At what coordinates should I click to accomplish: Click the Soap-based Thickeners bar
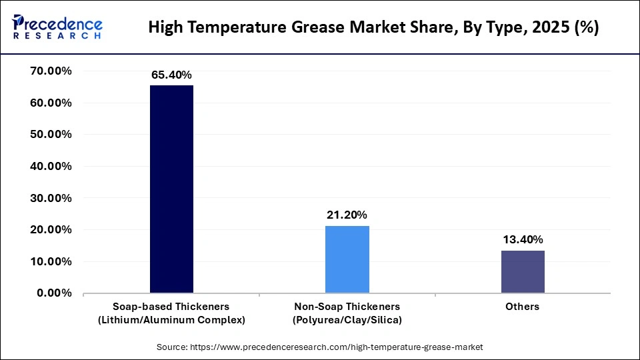coord(171,189)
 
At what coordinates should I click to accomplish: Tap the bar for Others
coord(523,271)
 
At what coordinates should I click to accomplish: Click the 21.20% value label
coord(347,215)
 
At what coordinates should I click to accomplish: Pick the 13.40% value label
coord(523,240)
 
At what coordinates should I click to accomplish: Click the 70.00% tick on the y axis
coord(51,71)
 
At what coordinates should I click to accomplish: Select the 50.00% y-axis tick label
coord(51,135)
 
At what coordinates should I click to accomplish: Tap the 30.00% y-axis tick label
coord(51,198)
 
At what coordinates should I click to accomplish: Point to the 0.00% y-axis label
coord(54,293)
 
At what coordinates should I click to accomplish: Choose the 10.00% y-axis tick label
coord(51,261)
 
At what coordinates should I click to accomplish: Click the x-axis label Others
coord(523,307)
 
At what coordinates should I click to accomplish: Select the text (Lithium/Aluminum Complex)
coord(171,320)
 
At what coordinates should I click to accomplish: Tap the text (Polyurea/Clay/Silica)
coord(347,320)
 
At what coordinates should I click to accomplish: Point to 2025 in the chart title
coord(546,28)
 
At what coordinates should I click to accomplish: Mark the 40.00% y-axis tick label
coord(51,167)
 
